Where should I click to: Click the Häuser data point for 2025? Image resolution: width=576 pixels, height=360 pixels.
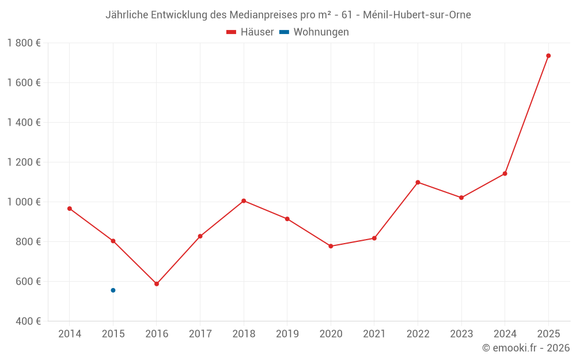pos(548,56)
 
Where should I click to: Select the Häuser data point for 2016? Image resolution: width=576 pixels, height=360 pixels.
pos(157,284)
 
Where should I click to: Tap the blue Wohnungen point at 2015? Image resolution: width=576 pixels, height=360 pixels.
pos(113,290)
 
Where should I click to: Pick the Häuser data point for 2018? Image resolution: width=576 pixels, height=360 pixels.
pos(244,201)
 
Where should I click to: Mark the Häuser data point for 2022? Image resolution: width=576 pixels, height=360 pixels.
pos(418,183)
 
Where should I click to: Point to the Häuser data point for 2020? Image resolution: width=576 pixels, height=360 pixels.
pos(331,246)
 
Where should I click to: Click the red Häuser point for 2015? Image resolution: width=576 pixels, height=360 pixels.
pos(113,241)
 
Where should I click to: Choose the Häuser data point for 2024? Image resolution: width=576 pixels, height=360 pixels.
pos(505,173)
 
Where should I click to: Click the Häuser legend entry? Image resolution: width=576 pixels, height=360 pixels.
pos(250,32)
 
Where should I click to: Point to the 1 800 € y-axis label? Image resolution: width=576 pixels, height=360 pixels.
pos(24,43)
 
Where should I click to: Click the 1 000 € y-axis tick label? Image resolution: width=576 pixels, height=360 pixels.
pos(24,202)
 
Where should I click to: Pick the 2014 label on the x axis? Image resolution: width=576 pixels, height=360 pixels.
pos(70,334)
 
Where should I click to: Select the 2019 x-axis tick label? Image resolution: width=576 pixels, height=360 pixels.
pos(287,334)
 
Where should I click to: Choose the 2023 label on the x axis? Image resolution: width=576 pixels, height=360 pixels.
pos(461,334)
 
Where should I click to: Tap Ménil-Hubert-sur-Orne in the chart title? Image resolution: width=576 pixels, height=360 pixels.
pos(417,15)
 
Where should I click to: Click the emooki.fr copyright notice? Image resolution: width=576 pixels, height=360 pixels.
pos(525,348)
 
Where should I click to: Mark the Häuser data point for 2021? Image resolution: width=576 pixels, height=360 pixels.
pos(374,238)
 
